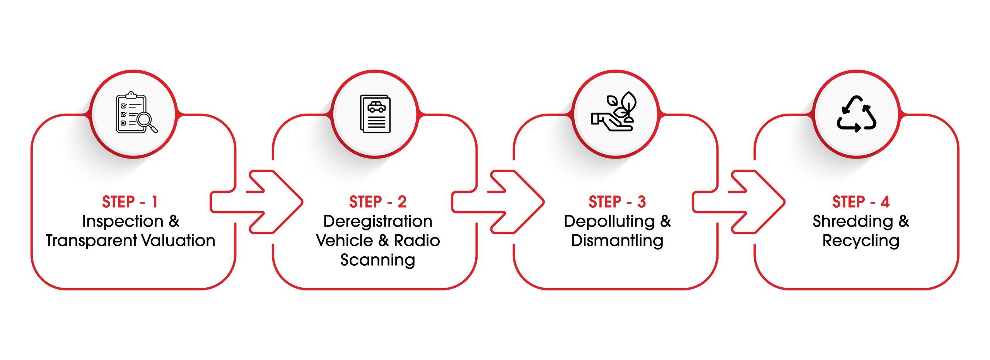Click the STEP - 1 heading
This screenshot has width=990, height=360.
tap(130, 202)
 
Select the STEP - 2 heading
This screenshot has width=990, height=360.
tap(377, 202)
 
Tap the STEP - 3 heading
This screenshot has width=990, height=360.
tap(617, 202)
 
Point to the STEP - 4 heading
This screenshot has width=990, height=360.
tap(860, 202)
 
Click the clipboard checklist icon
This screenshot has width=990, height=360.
tap(133, 113)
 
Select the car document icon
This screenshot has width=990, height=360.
tap(375, 114)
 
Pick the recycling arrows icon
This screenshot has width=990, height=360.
tap(856, 114)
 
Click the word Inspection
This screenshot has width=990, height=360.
tap(123, 222)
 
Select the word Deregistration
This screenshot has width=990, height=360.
tap(377, 222)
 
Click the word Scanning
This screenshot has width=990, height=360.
tap(377, 260)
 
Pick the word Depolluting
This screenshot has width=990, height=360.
tap(609, 222)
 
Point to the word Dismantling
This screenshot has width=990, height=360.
tap(617, 241)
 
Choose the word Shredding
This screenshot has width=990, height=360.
tap(853, 222)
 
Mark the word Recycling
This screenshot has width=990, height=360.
tap(860, 241)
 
